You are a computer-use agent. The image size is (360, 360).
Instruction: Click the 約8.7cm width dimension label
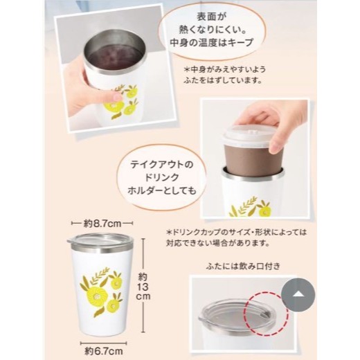click(102, 224)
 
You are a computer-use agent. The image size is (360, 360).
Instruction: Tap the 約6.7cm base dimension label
click(104, 351)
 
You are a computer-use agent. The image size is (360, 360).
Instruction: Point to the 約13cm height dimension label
click(143, 286)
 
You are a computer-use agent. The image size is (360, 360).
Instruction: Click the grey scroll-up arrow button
click(298, 295)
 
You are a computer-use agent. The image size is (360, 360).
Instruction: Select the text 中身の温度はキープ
click(212, 42)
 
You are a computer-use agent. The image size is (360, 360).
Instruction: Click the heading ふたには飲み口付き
click(243, 267)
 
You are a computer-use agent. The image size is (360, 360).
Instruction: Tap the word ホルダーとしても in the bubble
click(162, 190)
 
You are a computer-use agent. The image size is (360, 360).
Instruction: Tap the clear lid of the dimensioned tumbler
click(100, 240)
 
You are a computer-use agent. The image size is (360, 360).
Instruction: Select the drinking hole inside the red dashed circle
click(265, 314)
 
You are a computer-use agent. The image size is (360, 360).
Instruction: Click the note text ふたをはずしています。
click(223, 81)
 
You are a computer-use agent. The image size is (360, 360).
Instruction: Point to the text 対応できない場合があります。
click(218, 243)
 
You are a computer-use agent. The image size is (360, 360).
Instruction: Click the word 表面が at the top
click(211, 17)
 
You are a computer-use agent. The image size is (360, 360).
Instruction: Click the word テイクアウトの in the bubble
click(161, 165)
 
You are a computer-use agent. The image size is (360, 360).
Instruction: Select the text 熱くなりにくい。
click(212, 30)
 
